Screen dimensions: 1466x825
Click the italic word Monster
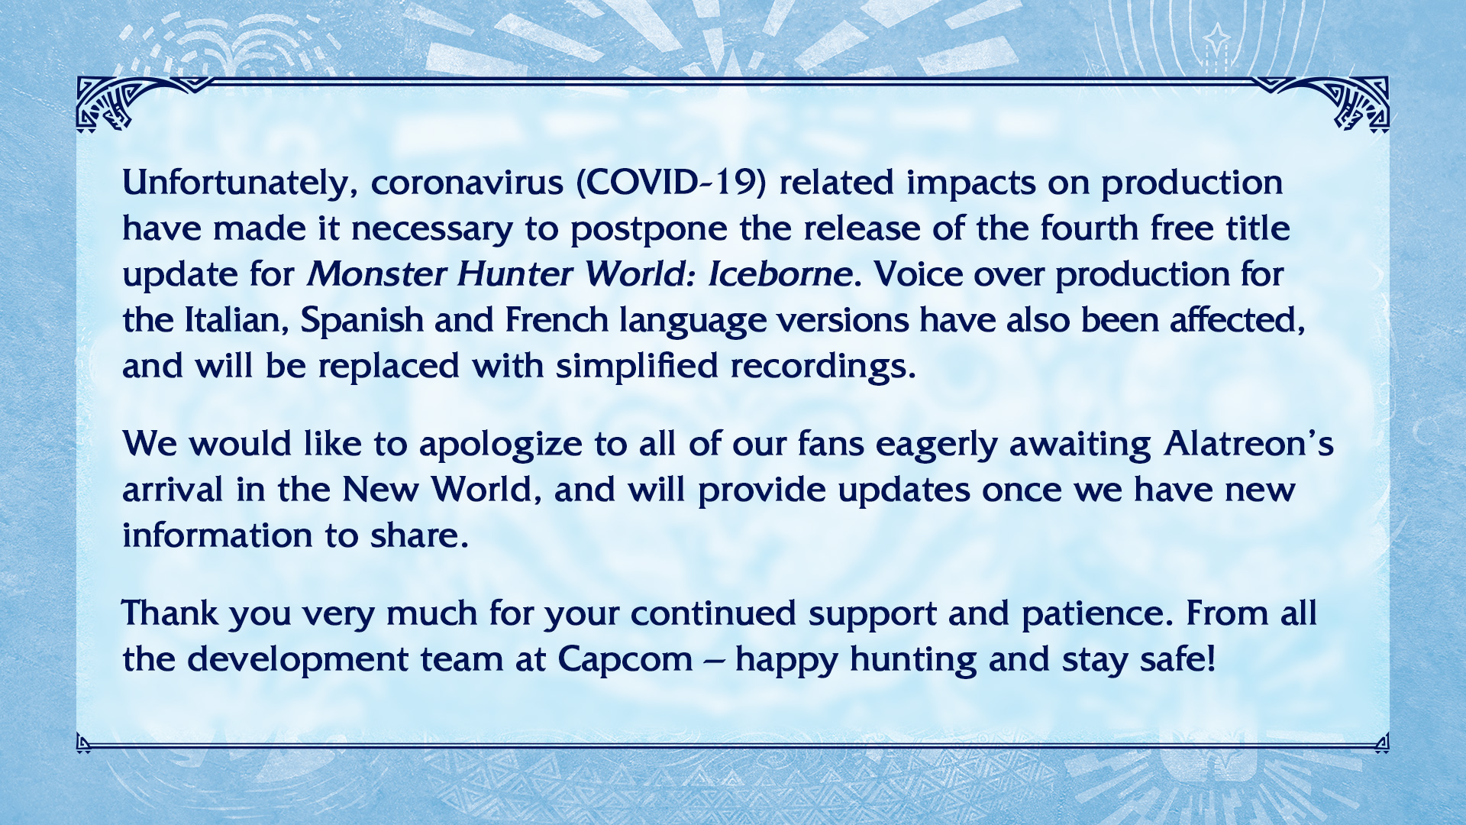tap(376, 273)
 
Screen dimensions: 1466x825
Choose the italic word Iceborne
tap(780, 273)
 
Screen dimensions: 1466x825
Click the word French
tap(557, 319)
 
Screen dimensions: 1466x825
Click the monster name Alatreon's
tap(1249, 443)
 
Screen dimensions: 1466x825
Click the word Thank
tap(170, 613)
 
